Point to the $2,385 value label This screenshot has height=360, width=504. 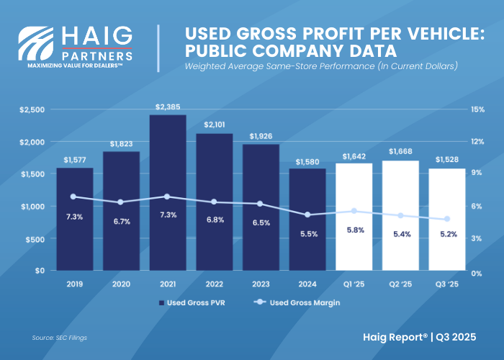click(x=168, y=107)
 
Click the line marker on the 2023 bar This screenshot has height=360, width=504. click(x=261, y=204)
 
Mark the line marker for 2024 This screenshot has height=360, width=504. click(x=307, y=215)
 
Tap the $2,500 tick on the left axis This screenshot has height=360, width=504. click(x=32, y=109)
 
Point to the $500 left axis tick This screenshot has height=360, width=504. click(x=35, y=239)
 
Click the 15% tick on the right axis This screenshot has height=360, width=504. click(x=478, y=109)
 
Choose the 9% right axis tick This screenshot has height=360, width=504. click(x=477, y=174)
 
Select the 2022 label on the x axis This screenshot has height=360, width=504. click(x=215, y=284)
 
